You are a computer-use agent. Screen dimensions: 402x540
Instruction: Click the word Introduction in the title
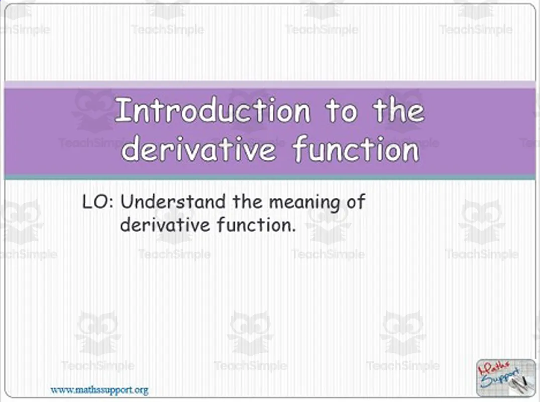click(x=212, y=111)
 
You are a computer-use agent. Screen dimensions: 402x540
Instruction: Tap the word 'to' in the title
click(x=342, y=111)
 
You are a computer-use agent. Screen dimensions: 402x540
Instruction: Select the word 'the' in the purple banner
click(x=398, y=111)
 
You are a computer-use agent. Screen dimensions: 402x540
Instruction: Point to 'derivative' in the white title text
click(x=198, y=149)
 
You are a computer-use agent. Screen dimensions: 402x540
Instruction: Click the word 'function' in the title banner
click(x=356, y=149)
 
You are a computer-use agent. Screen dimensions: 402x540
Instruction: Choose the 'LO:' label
click(x=99, y=203)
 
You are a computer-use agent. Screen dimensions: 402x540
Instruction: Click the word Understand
click(x=173, y=203)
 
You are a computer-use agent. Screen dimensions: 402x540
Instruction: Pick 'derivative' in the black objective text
click(x=165, y=225)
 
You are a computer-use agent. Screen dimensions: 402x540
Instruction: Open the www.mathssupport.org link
click(x=99, y=389)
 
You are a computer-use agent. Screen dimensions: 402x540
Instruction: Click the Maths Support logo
click(x=505, y=377)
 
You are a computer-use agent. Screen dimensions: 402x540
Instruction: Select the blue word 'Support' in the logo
click(x=502, y=381)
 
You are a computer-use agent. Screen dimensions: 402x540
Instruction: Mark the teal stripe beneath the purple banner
click(x=270, y=177)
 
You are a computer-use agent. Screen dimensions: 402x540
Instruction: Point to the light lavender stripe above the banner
click(x=270, y=84)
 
